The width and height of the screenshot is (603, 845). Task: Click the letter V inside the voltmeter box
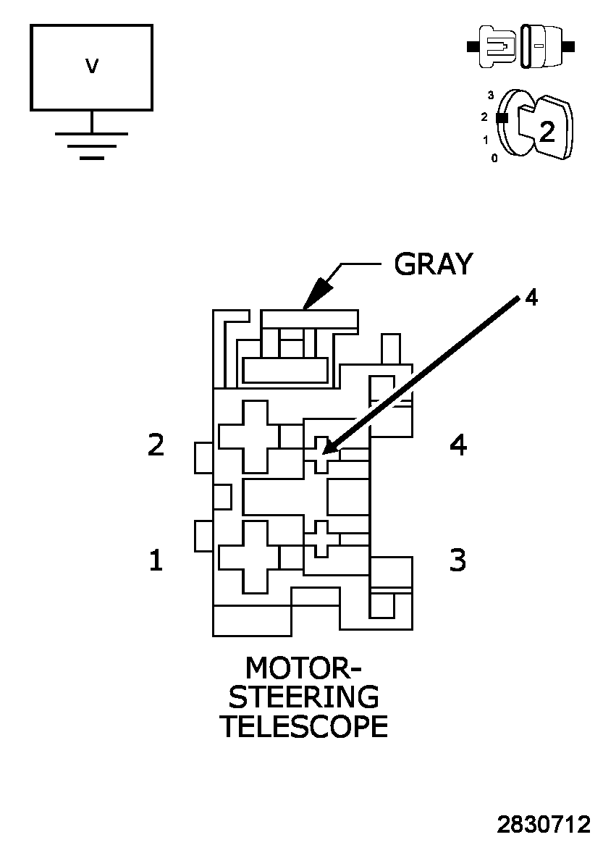[92, 67]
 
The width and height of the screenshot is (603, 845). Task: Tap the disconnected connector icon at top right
[520, 47]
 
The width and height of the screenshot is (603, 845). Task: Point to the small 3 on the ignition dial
[491, 95]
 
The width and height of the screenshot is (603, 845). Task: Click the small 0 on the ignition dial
[494, 158]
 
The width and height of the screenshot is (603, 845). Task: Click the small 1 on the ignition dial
[486, 139]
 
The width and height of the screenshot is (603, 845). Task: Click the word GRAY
[433, 264]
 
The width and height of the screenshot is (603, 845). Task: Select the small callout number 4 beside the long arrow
[531, 298]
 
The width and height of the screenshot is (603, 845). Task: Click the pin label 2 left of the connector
[156, 445]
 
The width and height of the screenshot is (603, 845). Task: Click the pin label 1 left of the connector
[156, 560]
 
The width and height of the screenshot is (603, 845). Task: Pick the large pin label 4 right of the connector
[458, 445]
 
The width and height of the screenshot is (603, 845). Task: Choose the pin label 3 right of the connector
[458, 560]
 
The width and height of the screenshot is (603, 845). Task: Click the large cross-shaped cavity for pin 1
[249, 556]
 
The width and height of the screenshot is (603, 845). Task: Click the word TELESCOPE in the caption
[304, 726]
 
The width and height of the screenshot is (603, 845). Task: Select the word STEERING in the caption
[304, 697]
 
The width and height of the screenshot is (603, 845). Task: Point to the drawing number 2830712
[544, 825]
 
